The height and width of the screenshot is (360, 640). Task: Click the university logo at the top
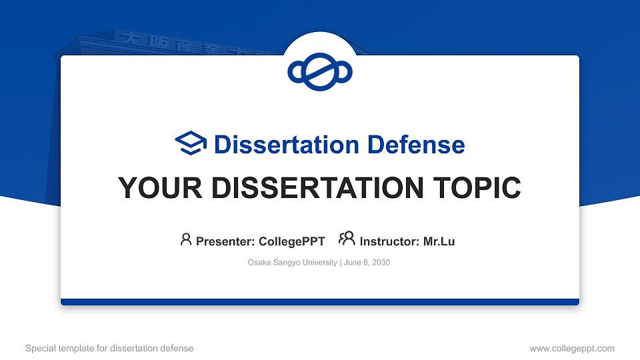click(x=320, y=71)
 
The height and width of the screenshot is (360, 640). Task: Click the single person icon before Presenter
click(x=186, y=239)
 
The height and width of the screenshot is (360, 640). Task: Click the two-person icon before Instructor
click(x=347, y=239)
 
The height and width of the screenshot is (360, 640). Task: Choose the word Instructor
click(x=388, y=241)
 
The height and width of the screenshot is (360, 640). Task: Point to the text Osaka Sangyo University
click(x=292, y=263)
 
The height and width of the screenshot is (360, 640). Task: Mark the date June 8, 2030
click(x=367, y=263)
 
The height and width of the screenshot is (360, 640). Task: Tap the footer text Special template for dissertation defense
click(x=109, y=348)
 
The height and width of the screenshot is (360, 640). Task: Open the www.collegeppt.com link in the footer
click(x=572, y=348)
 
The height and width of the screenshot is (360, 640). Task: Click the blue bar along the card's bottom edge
click(x=320, y=302)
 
